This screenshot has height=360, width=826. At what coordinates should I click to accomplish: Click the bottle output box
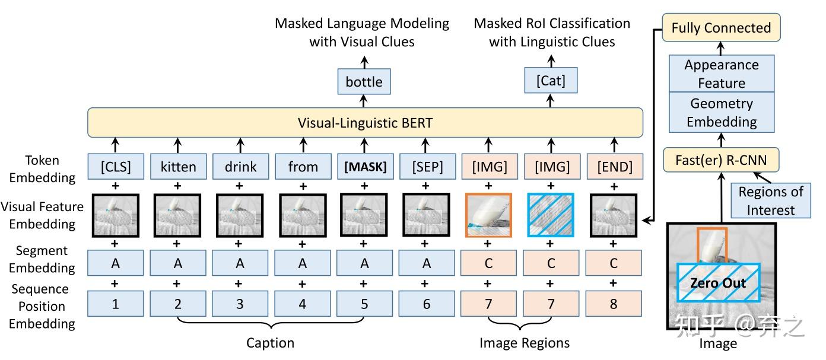[x=364, y=82]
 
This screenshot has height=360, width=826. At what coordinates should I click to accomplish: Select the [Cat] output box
[x=551, y=81]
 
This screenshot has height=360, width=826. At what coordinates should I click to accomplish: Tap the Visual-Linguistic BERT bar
[x=365, y=123]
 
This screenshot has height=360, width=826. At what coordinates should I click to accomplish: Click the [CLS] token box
[x=116, y=167]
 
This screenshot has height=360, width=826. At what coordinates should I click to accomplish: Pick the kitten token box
[x=177, y=167]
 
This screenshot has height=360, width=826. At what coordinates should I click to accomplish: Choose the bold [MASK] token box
[x=364, y=167]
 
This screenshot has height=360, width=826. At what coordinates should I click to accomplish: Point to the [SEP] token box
[x=426, y=167]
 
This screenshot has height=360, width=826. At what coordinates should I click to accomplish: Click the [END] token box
[x=614, y=167]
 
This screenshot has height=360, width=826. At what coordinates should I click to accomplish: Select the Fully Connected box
[x=721, y=28]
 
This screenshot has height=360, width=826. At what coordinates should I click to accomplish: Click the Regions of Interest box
[x=770, y=200]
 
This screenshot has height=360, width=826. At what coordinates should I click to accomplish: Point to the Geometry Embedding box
[x=722, y=112]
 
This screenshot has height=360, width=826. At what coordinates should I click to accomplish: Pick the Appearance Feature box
[x=722, y=74]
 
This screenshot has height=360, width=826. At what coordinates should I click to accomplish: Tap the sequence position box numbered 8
[x=614, y=304]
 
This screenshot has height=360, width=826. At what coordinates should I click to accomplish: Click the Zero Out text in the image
[x=718, y=283]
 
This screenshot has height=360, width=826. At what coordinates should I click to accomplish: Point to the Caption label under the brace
[x=270, y=343]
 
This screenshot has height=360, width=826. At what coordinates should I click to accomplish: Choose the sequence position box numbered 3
[x=240, y=304]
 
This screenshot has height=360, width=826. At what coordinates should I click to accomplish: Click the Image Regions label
[x=525, y=343]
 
